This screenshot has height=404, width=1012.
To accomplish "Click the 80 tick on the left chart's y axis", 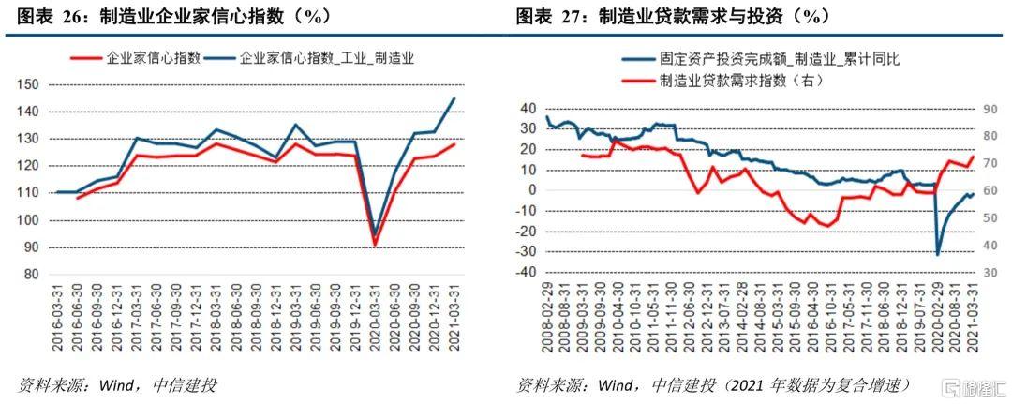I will pos(30,275).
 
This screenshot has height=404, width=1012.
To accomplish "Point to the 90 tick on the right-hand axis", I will pos(992,110).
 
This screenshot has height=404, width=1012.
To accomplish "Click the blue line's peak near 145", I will pos(454,98).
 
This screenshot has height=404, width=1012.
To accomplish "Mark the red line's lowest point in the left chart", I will pos(375,245).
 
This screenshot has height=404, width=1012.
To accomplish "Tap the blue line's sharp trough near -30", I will pos(937,254).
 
